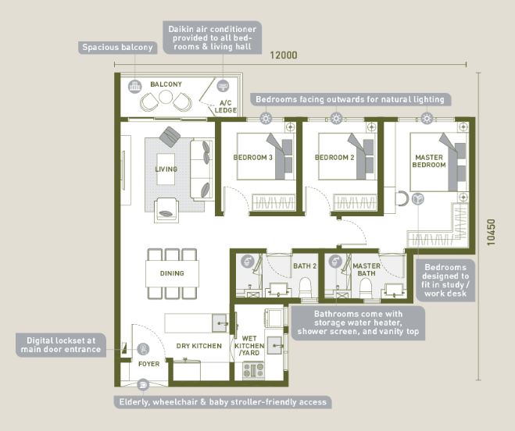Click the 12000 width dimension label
(x=284, y=55)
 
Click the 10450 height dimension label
(x=491, y=232)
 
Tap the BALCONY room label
(x=166, y=84)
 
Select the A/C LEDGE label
(x=225, y=107)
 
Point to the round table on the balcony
(x=166, y=97)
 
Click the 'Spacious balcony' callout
(x=117, y=48)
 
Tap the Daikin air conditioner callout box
(x=213, y=37)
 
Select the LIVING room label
(x=166, y=169)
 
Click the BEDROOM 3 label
(x=253, y=158)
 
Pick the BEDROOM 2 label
(x=334, y=158)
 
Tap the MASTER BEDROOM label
(x=429, y=161)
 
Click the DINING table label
(x=172, y=273)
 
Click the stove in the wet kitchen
(x=253, y=370)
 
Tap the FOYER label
(x=148, y=364)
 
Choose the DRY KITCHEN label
(x=199, y=346)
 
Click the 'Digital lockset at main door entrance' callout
(x=61, y=345)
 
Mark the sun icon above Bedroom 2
(x=336, y=118)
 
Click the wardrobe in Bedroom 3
(x=274, y=202)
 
